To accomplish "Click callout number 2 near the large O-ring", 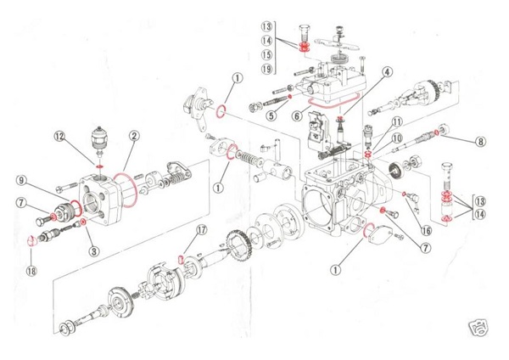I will click(134, 136).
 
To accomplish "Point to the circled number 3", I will click(93, 251).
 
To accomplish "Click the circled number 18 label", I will click(31, 272).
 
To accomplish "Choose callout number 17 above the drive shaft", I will click(201, 230).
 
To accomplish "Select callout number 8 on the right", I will click(480, 142).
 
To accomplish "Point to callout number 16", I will click(425, 229).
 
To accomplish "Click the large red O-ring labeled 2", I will click(122, 182).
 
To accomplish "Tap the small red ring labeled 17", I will click(181, 259).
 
